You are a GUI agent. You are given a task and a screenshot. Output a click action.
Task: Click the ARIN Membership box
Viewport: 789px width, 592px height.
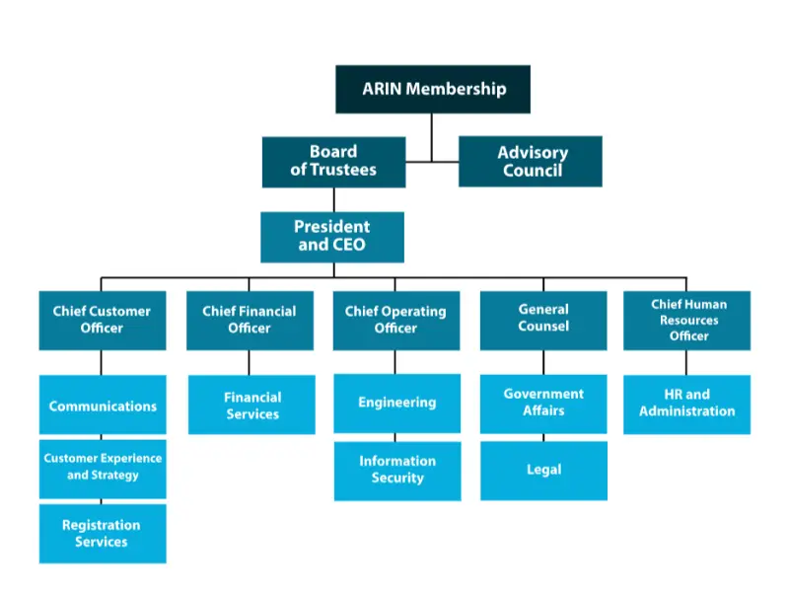(x=433, y=89)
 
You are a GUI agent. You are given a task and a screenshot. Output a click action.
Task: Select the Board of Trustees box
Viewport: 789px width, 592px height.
(x=333, y=162)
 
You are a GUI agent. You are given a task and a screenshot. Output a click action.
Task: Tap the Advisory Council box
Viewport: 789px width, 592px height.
(x=531, y=162)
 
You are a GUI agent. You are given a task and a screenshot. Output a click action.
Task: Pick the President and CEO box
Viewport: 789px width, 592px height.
(x=332, y=237)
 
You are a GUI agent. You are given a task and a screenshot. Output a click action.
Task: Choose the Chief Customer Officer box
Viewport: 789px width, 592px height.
(x=103, y=320)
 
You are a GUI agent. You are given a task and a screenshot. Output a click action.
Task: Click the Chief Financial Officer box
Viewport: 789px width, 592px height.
(x=250, y=320)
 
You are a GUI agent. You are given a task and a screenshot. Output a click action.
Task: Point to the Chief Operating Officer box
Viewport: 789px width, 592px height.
(x=396, y=320)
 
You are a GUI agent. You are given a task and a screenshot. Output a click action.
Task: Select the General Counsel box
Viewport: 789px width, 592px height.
(x=543, y=319)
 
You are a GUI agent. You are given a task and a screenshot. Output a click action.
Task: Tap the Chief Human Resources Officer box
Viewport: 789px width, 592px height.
(x=686, y=320)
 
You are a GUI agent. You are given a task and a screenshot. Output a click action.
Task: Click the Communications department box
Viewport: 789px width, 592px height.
(x=103, y=406)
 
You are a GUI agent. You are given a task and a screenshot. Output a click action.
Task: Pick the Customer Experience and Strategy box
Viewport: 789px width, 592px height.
(x=103, y=468)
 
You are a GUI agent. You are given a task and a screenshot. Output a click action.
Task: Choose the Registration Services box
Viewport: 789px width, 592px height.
(x=103, y=534)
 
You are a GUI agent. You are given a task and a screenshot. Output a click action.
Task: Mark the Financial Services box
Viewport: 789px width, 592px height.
(x=251, y=406)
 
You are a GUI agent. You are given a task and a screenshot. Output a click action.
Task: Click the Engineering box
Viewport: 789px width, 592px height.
(x=396, y=403)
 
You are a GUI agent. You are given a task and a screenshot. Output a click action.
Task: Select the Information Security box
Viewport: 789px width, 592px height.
(x=396, y=470)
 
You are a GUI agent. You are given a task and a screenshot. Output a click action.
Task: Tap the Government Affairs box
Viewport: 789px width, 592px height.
(x=543, y=403)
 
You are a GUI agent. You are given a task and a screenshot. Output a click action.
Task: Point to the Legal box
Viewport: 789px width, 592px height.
(x=543, y=470)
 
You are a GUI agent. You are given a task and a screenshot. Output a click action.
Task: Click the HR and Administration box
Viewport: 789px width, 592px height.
(x=686, y=404)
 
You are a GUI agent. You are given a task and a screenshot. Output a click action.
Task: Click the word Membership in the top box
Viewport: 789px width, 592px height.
(x=456, y=89)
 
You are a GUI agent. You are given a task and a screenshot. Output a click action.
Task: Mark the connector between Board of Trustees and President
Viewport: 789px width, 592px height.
(x=333, y=199)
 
